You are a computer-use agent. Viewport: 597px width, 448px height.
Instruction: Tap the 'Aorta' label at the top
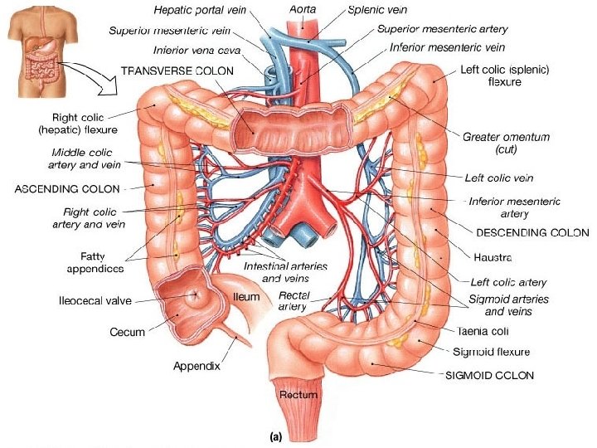click(x=302, y=8)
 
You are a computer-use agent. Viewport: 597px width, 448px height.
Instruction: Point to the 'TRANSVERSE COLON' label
click(x=177, y=71)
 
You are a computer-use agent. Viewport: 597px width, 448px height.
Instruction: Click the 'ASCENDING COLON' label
click(x=67, y=188)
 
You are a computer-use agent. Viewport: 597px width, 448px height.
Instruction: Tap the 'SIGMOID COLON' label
click(x=489, y=375)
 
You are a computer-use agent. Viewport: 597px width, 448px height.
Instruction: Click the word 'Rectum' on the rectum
click(x=298, y=395)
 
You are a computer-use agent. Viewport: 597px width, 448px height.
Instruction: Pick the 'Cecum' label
click(x=127, y=332)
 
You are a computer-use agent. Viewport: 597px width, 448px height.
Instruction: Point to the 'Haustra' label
click(x=492, y=257)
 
